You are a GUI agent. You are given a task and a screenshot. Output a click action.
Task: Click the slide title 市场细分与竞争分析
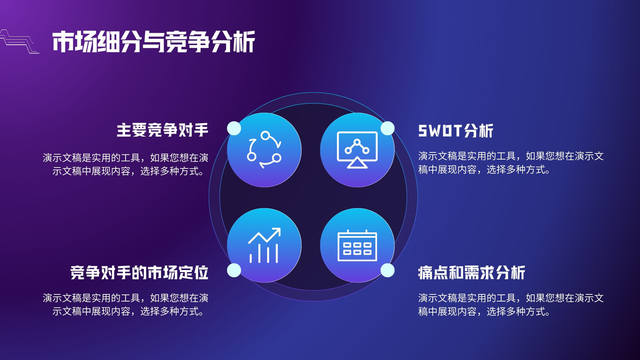[x=154, y=42]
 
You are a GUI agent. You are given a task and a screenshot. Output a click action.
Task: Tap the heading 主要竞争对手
[x=162, y=130]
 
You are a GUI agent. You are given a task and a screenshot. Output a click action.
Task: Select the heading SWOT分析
[x=456, y=130]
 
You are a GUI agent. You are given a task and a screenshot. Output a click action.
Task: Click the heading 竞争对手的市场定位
[x=140, y=272]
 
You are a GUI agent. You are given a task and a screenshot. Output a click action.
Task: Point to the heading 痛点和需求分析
[x=472, y=272]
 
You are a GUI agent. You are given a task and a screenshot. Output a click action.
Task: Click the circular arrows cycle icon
[x=264, y=150]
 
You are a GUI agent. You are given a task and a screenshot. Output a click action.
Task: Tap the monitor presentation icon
[x=357, y=150]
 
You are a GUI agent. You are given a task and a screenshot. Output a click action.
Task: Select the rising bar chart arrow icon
[x=264, y=245]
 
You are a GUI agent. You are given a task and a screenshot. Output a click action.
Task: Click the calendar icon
[x=357, y=246]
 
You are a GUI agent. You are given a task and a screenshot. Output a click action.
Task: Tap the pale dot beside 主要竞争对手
[x=234, y=128]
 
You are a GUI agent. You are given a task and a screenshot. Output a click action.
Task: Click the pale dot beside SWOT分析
[x=388, y=128]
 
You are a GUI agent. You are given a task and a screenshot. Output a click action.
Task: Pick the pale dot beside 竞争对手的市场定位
[x=234, y=270]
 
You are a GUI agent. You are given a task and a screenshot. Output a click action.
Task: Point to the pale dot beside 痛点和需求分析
[x=388, y=270]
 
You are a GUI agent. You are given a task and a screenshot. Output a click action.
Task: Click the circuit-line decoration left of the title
[x=20, y=42]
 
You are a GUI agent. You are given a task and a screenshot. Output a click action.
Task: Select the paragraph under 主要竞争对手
[x=126, y=164]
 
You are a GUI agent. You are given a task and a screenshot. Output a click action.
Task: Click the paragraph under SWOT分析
[x=511, y=163]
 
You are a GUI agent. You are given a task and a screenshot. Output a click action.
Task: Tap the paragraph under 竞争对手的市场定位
[x=126, y=304]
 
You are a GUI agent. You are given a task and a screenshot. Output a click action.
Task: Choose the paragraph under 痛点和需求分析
[x=511, y=305]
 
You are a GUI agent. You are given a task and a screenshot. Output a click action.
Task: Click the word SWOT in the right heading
[x=440, y=130]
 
